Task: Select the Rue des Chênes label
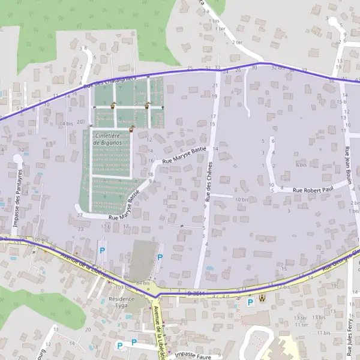coord(209,181)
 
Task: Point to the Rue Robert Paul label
coord(313,190)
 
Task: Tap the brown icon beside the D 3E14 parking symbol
coord(262,298)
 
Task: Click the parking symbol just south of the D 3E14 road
coord(250,302)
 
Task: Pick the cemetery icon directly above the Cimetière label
coord(131,128)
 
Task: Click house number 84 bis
coord(143,283)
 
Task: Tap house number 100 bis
coord(41,240)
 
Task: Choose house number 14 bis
coord(65,124)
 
